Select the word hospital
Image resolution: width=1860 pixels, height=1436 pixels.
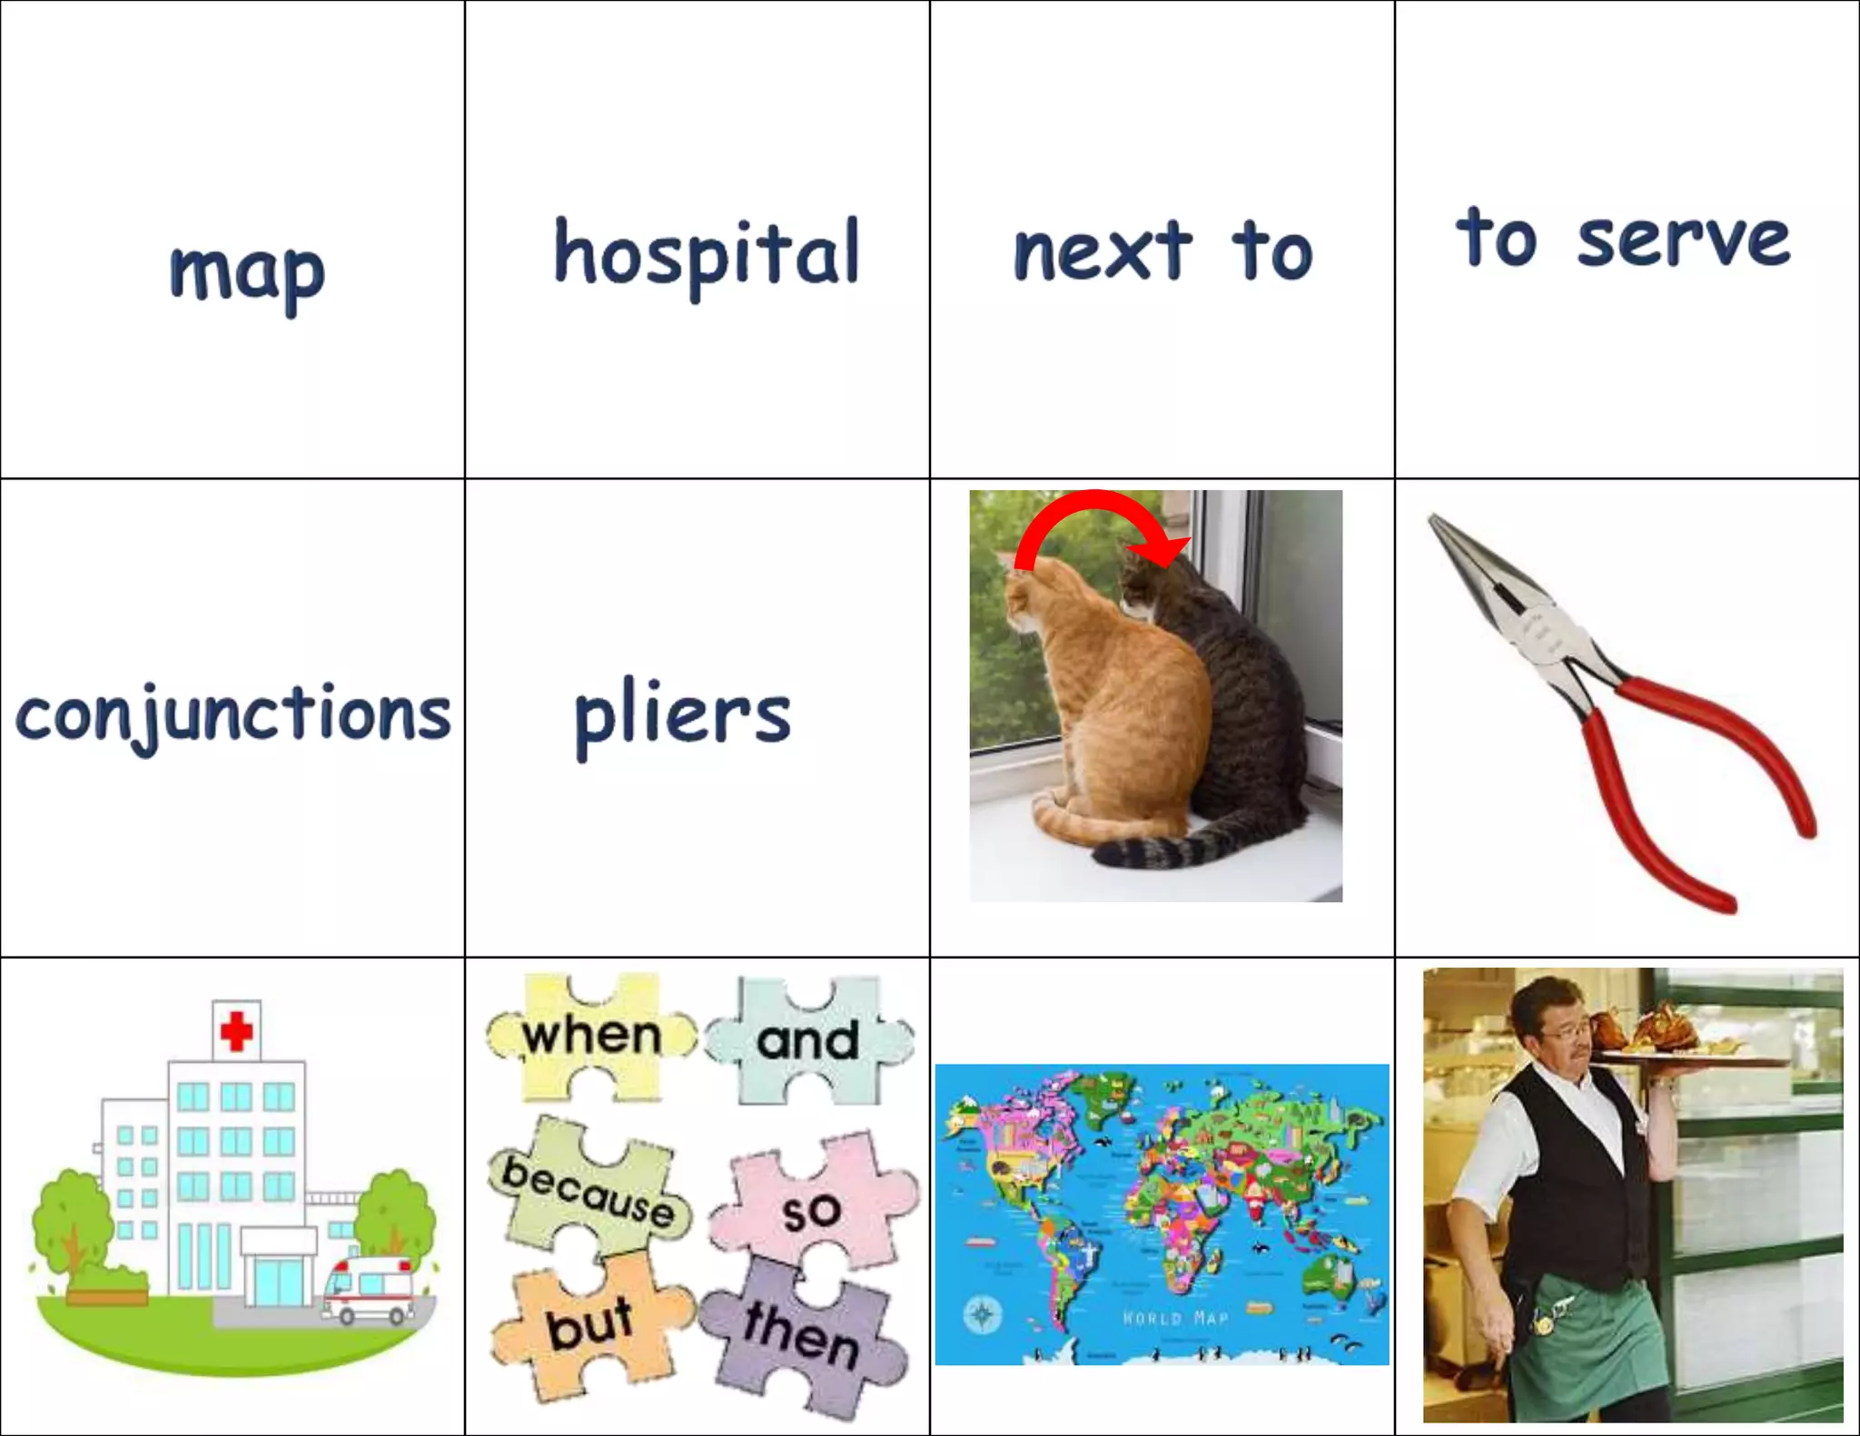coord(707,254)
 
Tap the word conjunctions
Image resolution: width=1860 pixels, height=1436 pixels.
coord(232,715)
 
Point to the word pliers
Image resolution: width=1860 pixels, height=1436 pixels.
coord(682,717)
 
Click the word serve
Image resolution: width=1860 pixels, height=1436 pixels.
coord(1683,241)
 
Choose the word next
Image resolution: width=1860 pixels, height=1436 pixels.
coord(1102,251)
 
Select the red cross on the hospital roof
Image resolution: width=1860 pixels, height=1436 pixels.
coord(237,1031)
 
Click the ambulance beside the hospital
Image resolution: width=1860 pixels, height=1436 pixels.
coord(369,1289)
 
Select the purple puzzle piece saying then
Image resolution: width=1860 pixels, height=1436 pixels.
coord(801,1334)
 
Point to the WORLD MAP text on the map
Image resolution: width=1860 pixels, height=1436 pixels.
coord(1175,1318)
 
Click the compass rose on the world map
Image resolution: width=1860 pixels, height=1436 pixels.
coord(982,1313)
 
